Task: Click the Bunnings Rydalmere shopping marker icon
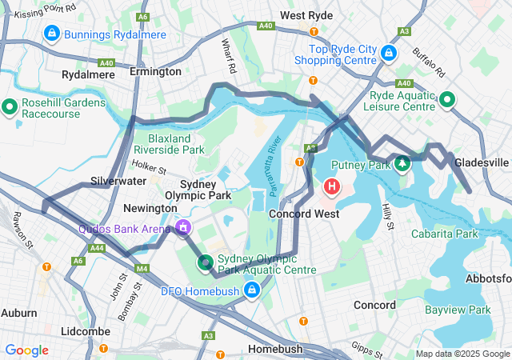[x=52, y=34]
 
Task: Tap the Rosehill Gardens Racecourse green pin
[x=10, y=106]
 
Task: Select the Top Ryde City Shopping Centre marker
[x=388, y=53]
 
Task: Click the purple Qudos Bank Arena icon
[x=183, y=228]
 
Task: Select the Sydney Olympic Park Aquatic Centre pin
[x=206, y=262]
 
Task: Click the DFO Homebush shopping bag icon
[x=252, y=290]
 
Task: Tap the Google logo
[x=27, y=350]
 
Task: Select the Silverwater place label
[x=117, y=181]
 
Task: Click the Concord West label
[x=303, y=214]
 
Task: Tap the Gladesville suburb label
[x=481, y=162]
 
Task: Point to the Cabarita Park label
[x=444, y=234]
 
